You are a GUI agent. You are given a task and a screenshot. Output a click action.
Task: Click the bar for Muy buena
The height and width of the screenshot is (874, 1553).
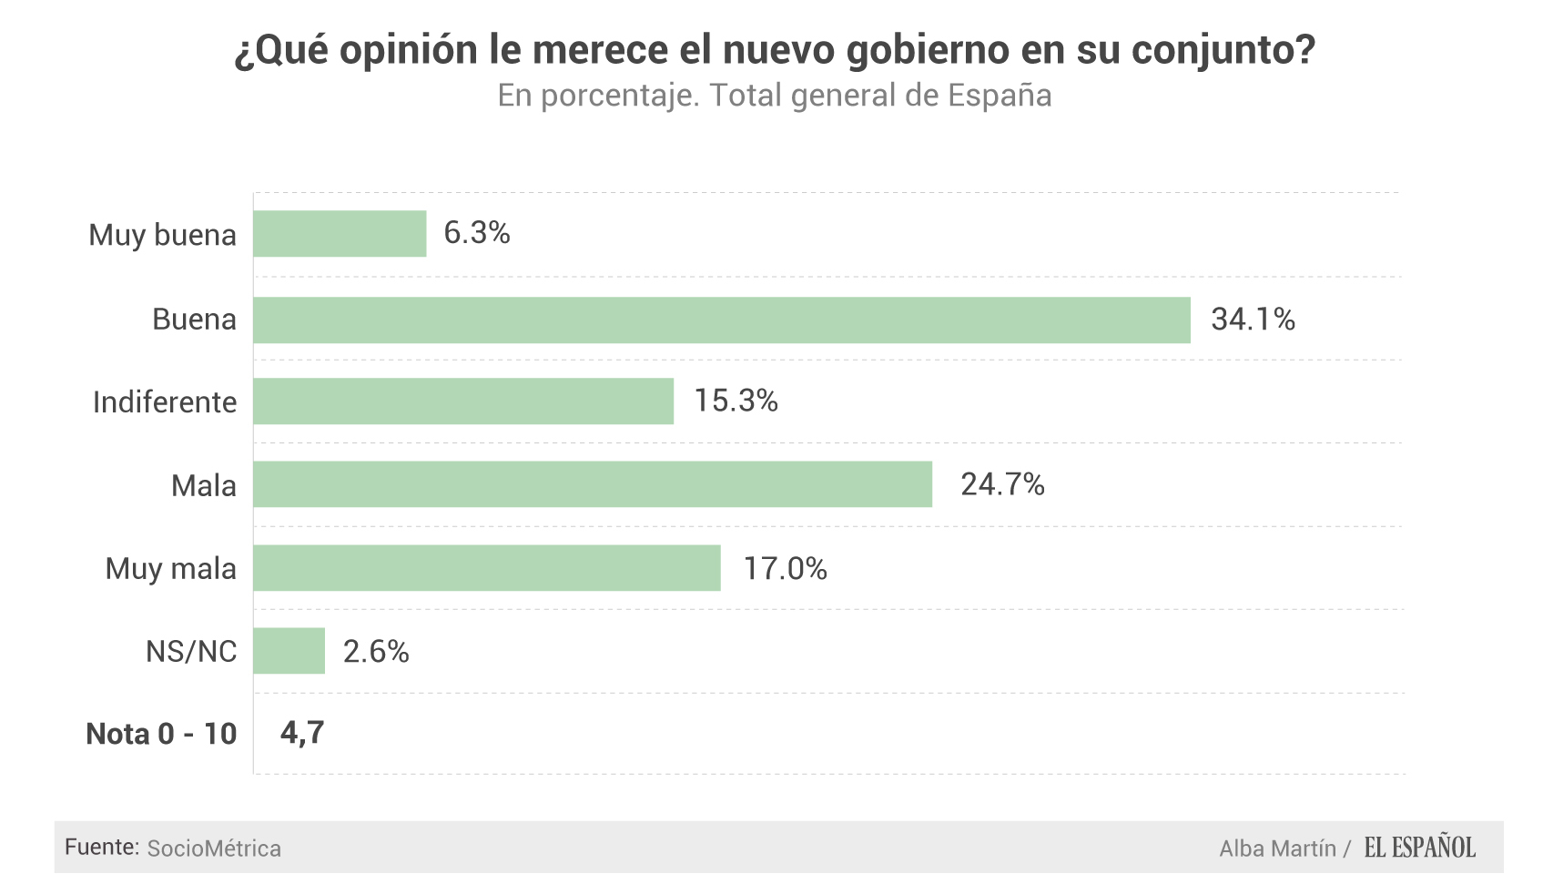(x=340, y=234)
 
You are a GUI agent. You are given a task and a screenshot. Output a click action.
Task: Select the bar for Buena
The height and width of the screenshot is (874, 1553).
(x=721, y=320)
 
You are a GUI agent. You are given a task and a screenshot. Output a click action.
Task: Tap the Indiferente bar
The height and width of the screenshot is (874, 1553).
(x=463, y=401)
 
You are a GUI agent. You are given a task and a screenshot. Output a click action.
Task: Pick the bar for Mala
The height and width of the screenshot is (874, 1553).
(x=593, y=484)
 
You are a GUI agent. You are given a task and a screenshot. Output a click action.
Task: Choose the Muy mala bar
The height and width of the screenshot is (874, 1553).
(x=487, y=568)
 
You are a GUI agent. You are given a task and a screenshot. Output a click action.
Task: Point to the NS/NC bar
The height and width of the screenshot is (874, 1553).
(x=289, y=651)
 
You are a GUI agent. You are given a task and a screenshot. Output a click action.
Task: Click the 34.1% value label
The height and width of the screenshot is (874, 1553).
(x=1253, y=320)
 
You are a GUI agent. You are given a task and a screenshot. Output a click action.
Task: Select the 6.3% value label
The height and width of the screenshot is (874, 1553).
(x=476, y=233)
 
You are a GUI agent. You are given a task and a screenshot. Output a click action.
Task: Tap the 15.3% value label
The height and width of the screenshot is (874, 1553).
(x=736, y=401)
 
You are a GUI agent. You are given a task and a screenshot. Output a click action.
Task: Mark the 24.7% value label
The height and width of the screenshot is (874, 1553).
(x=1002, y=484)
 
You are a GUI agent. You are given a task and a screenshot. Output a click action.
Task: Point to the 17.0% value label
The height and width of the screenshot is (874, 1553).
(x=785, y=569)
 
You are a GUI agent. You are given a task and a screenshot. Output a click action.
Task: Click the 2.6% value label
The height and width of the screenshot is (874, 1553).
(x=376, y=652)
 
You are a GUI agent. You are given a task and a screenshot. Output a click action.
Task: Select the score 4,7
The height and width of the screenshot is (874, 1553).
(x=302, y=733)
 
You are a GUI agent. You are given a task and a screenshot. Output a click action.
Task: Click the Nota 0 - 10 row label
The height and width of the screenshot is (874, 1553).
(x=161, y=734)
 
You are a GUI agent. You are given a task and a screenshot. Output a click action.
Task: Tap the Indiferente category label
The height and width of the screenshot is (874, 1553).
(x=165, y=402)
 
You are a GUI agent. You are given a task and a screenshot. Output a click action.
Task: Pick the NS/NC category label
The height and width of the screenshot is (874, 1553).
(x=191, y=652)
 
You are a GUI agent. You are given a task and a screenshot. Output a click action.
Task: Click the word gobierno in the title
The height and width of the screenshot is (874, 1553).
(x=929, y=50)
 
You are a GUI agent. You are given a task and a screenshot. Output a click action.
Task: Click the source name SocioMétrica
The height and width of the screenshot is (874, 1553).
(x=214, y=849)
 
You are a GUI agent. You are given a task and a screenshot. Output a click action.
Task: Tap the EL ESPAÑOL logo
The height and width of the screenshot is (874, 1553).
(x=1419, y=848)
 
